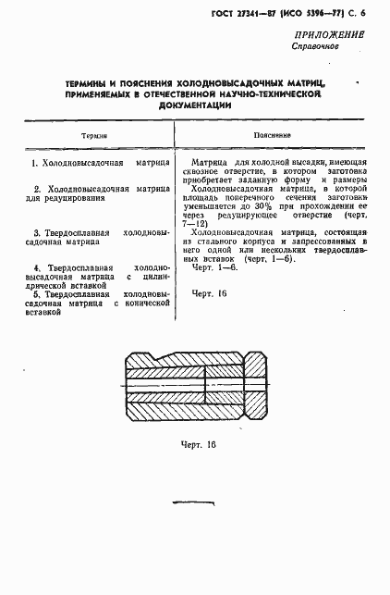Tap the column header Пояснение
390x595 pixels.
click(x=274, y=135)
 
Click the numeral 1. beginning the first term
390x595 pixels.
click(x=33, y=163)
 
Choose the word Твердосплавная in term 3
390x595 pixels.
click(x=79, y=231)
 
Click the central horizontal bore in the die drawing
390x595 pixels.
click(x=193, y=380)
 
